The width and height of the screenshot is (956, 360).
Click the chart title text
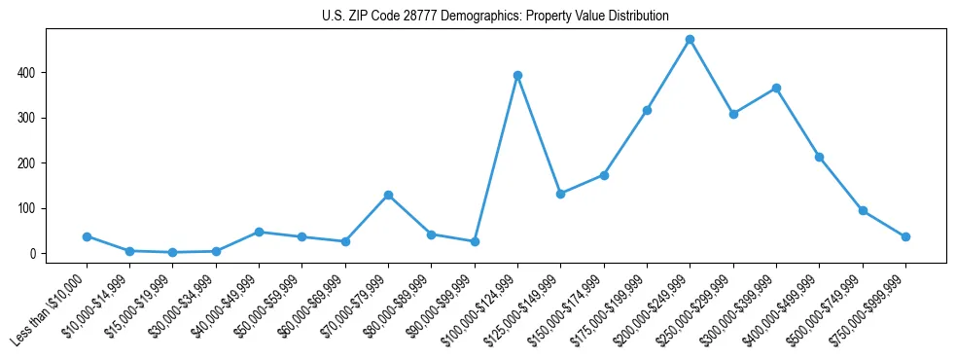click(495, 17)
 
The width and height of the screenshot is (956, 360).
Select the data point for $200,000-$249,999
click(690, 40)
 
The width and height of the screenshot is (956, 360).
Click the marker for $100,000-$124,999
click(517, 75)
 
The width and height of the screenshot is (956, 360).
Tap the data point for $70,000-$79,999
click(388, 195)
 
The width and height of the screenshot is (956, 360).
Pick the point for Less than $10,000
click(87, 236)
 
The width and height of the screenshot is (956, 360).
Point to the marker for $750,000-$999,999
click(905, 236)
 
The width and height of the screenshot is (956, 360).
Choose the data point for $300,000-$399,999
click(776, 88)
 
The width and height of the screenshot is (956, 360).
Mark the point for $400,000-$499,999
click(819, 157)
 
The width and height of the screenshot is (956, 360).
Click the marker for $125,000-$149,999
click(560, 194)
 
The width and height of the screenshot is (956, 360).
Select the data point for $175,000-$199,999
click(647, 110)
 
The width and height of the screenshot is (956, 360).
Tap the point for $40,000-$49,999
click(259, 232)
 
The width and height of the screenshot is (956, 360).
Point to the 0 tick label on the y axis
click(34, 254)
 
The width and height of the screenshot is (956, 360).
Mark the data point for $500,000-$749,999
click(863, 210)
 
